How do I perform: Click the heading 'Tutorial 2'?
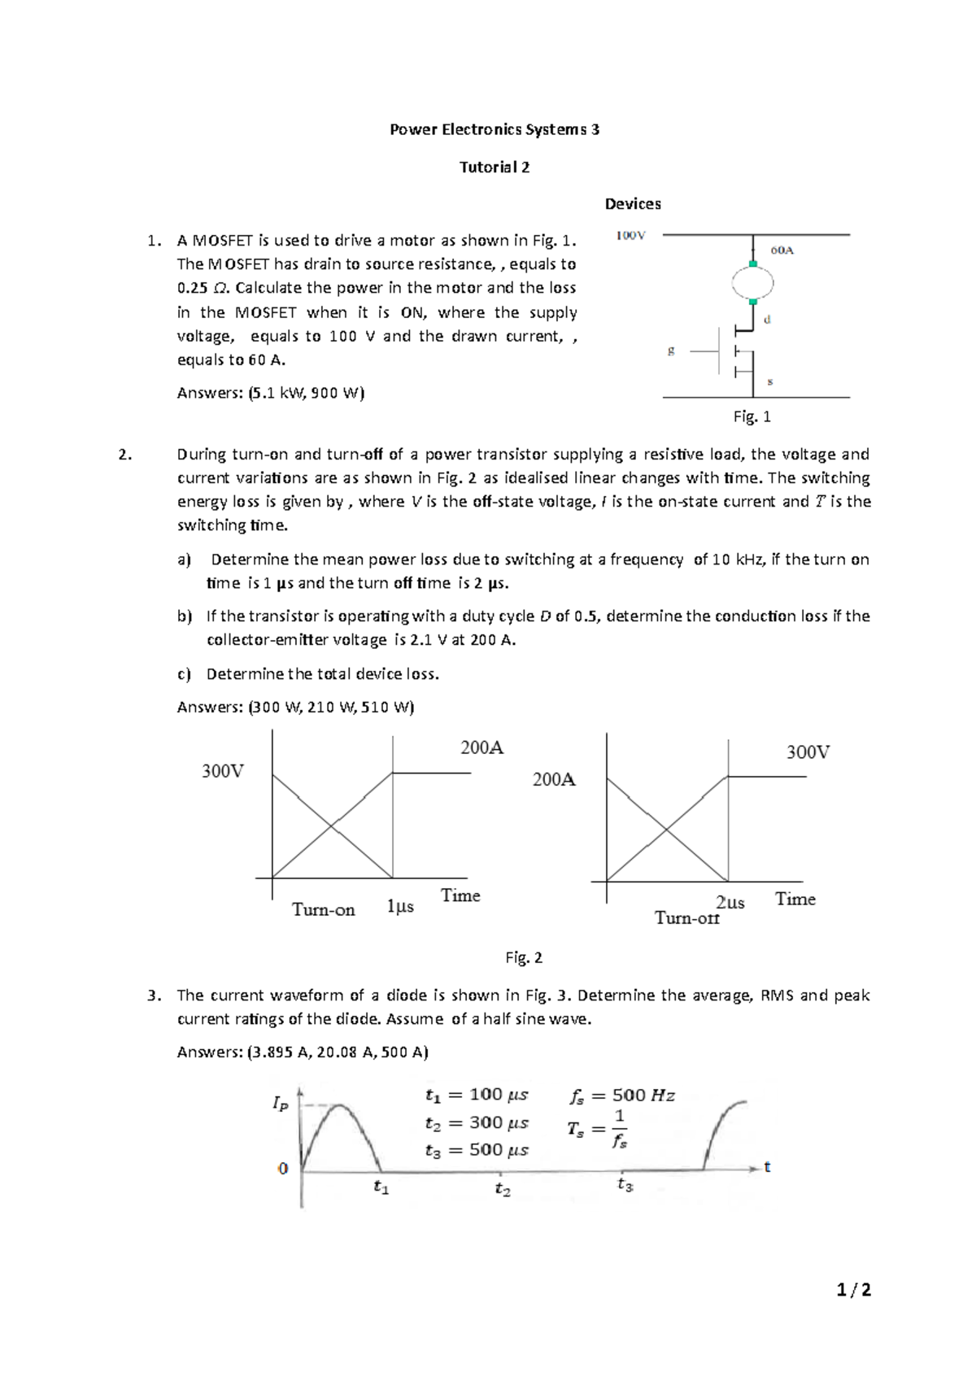click(495, 168)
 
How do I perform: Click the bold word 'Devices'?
click(632, 204)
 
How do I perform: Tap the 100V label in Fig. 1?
click(630, 236)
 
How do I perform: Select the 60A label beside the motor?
click(782, 250)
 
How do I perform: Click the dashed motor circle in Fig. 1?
click(752, 283)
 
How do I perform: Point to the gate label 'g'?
click(671, 351)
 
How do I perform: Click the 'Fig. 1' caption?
click(752, 417)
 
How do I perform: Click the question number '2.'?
click(124, 455)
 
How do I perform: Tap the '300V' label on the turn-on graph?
click(222, 771)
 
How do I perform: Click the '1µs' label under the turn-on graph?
click(400, 906)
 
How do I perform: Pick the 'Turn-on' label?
click(323, 910)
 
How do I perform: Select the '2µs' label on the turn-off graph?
click(730, 902)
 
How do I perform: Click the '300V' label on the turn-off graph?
click(807, 752)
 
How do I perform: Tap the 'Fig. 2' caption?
click(523, 958)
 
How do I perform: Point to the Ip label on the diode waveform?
click(280, 1104)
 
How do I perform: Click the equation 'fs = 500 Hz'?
click(622, 1096)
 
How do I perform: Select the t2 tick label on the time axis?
click(502, 1190)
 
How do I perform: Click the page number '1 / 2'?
click(853, 1290)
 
